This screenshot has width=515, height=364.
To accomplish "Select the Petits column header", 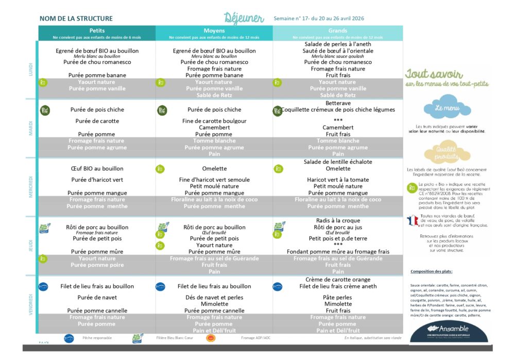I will pos(97,31).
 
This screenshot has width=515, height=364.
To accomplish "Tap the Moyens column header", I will pos(214,31).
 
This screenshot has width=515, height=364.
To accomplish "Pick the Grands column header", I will pos(338,31).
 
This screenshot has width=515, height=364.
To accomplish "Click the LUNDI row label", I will pos(31,70).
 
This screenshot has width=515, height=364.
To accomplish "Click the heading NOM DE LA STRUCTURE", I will pos(76,19).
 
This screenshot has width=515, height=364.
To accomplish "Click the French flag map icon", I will pos(413,220).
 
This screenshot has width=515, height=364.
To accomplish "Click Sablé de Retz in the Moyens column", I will pos(214,95).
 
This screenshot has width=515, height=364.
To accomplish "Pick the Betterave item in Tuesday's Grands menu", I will pos(338,103).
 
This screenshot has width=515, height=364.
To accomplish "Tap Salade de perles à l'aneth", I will pos(338,44).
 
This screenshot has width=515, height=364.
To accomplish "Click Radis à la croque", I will pos(338,220).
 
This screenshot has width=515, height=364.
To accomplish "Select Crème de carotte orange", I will pos(338,280).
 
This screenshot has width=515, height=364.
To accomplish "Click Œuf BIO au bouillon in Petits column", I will pos(97,168).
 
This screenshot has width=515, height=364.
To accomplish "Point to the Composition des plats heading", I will pos(432,271).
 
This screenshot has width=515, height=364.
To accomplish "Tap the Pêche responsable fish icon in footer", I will pos(68,338).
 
